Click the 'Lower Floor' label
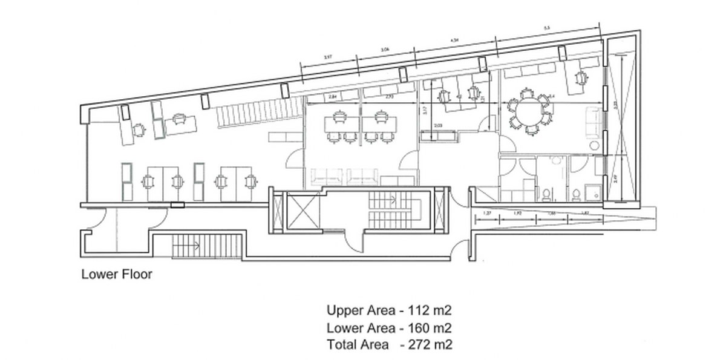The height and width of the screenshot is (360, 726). (x=117, y=275)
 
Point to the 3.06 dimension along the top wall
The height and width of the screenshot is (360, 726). (x=385, y=50)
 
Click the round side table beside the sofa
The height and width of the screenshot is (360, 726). (x=593, y=146)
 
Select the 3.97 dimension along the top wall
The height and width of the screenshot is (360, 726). (x=328, y=57)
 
